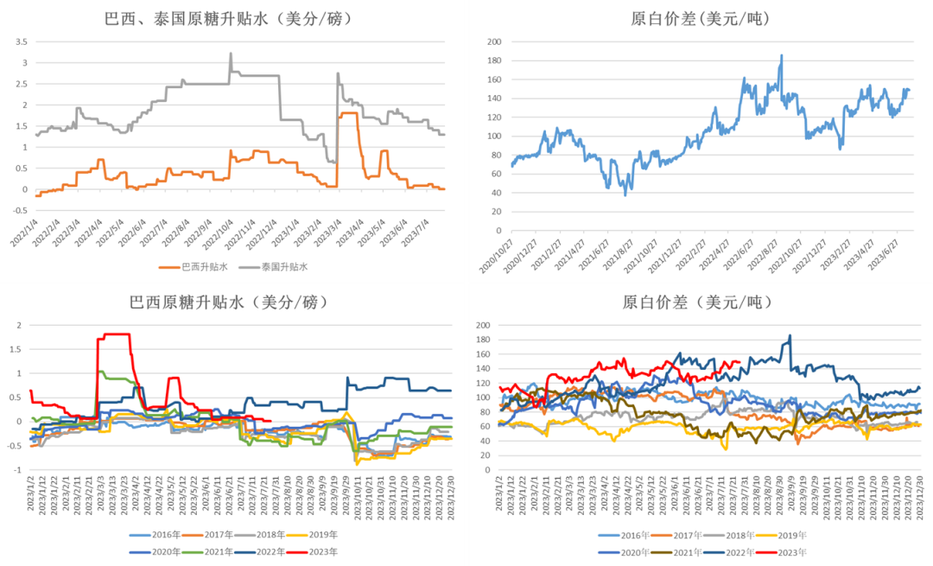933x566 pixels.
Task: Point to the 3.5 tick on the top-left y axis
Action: click(23, 41)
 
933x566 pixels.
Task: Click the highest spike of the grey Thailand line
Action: click(231, 54)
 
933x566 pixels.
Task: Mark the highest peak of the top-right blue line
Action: click(782, 56)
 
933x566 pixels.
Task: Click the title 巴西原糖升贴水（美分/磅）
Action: click(228, 302)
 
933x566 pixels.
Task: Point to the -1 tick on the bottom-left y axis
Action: click(21, 470)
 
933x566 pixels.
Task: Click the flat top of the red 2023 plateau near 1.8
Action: click(117, 334)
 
